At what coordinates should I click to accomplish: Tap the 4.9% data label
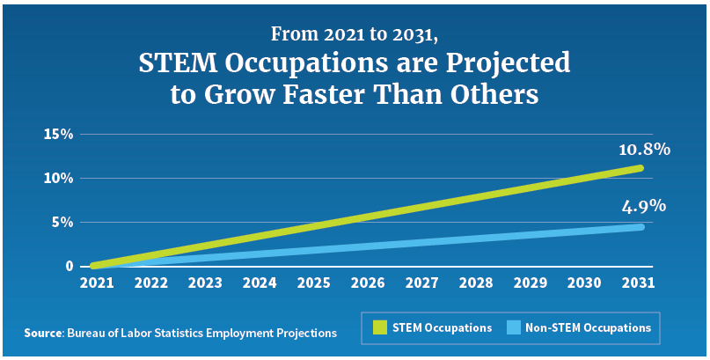(x=643, y=207)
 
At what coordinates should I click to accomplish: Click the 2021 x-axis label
(x=96, y=283)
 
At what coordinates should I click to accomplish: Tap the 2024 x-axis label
(x=259, y=283)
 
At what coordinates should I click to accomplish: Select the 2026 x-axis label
(x=368, y=283)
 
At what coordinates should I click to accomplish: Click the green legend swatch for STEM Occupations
(x=379, y=327)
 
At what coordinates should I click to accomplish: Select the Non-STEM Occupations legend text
(x=588, y=327)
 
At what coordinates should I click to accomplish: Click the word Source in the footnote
(x=41, y=333)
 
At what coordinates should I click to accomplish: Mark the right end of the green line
(x=640, y=168)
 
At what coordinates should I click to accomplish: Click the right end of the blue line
(x=640, y=227)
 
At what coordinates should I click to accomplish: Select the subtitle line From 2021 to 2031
(x=355, y=36)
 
